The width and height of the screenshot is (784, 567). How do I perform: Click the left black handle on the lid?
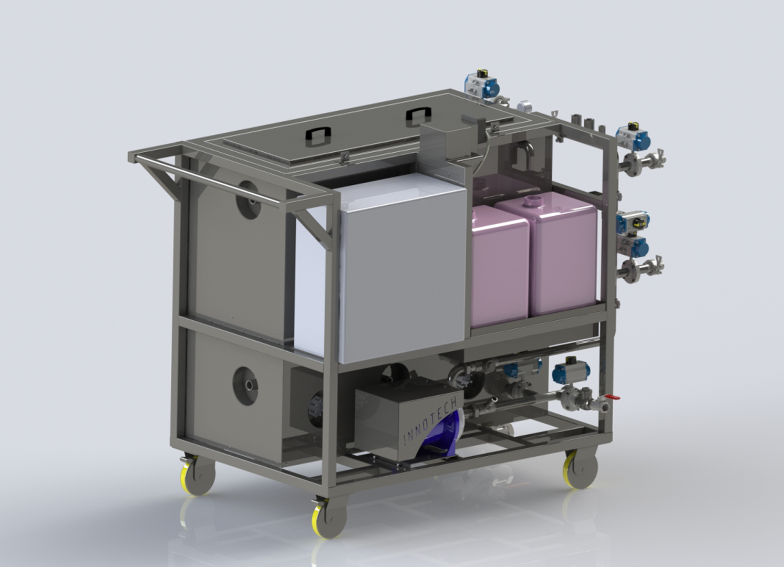point(318,136)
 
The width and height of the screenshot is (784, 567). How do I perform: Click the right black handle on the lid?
point(419,117)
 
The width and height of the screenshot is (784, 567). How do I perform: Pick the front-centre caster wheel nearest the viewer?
point(329,518)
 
